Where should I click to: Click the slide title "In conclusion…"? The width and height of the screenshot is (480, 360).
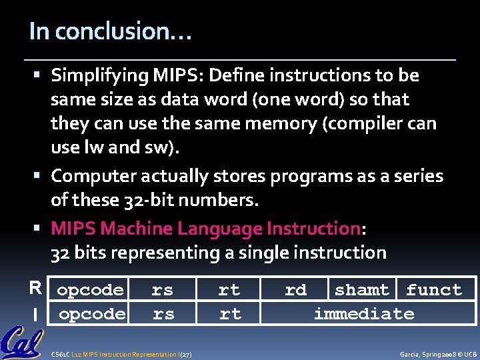pos(111,32)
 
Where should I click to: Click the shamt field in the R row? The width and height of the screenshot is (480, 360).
pos(362,290)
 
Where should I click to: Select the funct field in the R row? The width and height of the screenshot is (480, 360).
pos(434,290)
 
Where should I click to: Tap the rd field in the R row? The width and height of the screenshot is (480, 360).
pos(295,290)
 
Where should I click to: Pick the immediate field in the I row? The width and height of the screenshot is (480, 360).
pos(364,314)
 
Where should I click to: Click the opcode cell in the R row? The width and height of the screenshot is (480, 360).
pos(91,290)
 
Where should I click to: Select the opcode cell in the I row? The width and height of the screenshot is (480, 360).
pos(92,314)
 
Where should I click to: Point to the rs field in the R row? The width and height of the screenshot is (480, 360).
pos(162,290)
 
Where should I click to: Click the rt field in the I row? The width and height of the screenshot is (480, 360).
pos(230,314)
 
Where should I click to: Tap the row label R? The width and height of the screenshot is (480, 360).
pos(35,289)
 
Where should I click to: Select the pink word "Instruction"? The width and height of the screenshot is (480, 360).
pos(313,229)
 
